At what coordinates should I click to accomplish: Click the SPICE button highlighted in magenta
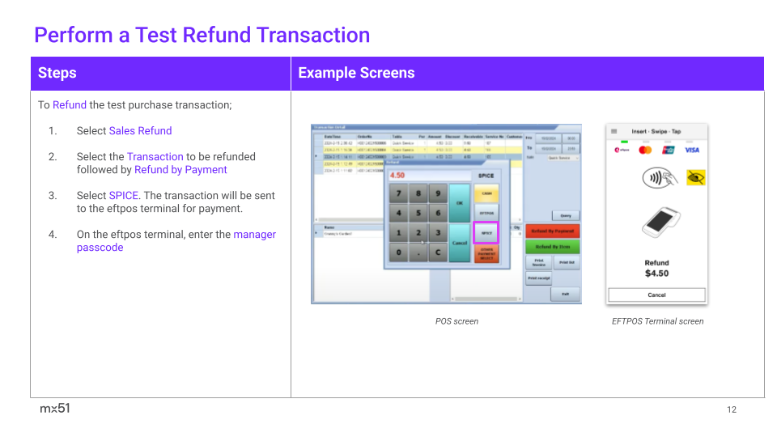486,233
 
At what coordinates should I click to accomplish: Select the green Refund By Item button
552,247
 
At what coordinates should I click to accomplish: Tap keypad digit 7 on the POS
398,194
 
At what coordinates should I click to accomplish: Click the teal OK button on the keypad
459,202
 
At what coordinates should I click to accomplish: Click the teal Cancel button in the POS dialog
459,242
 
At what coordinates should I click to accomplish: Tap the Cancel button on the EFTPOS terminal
656,295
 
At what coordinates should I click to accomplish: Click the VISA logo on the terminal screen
691,150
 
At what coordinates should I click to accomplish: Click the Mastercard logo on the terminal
645,150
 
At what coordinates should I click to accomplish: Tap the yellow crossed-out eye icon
695,178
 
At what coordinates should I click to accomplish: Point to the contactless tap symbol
656,178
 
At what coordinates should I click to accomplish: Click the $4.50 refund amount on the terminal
656,274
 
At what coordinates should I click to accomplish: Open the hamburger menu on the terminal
614,131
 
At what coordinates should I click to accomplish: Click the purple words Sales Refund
140,130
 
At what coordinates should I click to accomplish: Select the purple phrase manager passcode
176,240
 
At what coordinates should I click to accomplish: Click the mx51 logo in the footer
55,409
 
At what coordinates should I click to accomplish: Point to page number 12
732,409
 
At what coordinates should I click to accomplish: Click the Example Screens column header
356,73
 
